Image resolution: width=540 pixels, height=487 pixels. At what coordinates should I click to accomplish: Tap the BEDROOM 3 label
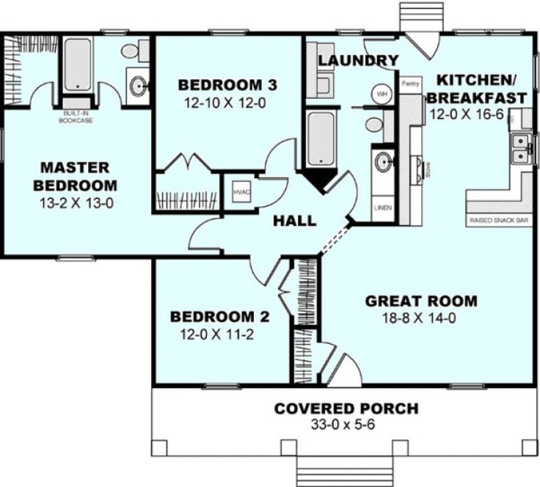pos(221,84)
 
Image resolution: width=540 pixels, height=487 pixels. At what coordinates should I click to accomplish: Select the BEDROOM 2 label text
pos(220,318)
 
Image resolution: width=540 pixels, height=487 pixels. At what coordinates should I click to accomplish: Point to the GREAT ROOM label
pos(421,301)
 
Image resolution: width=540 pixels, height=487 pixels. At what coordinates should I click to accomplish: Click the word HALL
pos(296,220)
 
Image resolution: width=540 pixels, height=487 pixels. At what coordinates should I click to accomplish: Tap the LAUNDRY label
pos(359,60)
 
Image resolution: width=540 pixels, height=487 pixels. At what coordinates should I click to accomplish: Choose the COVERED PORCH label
pos(346,409)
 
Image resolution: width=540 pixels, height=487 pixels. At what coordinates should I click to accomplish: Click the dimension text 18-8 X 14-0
pos(421,319)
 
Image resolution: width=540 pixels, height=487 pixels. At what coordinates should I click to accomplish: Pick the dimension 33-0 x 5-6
pos(346,425)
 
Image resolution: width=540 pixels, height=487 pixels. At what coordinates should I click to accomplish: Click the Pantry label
pos(409,84)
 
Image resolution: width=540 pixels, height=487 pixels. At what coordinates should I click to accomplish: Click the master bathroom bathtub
pos(76,65)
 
